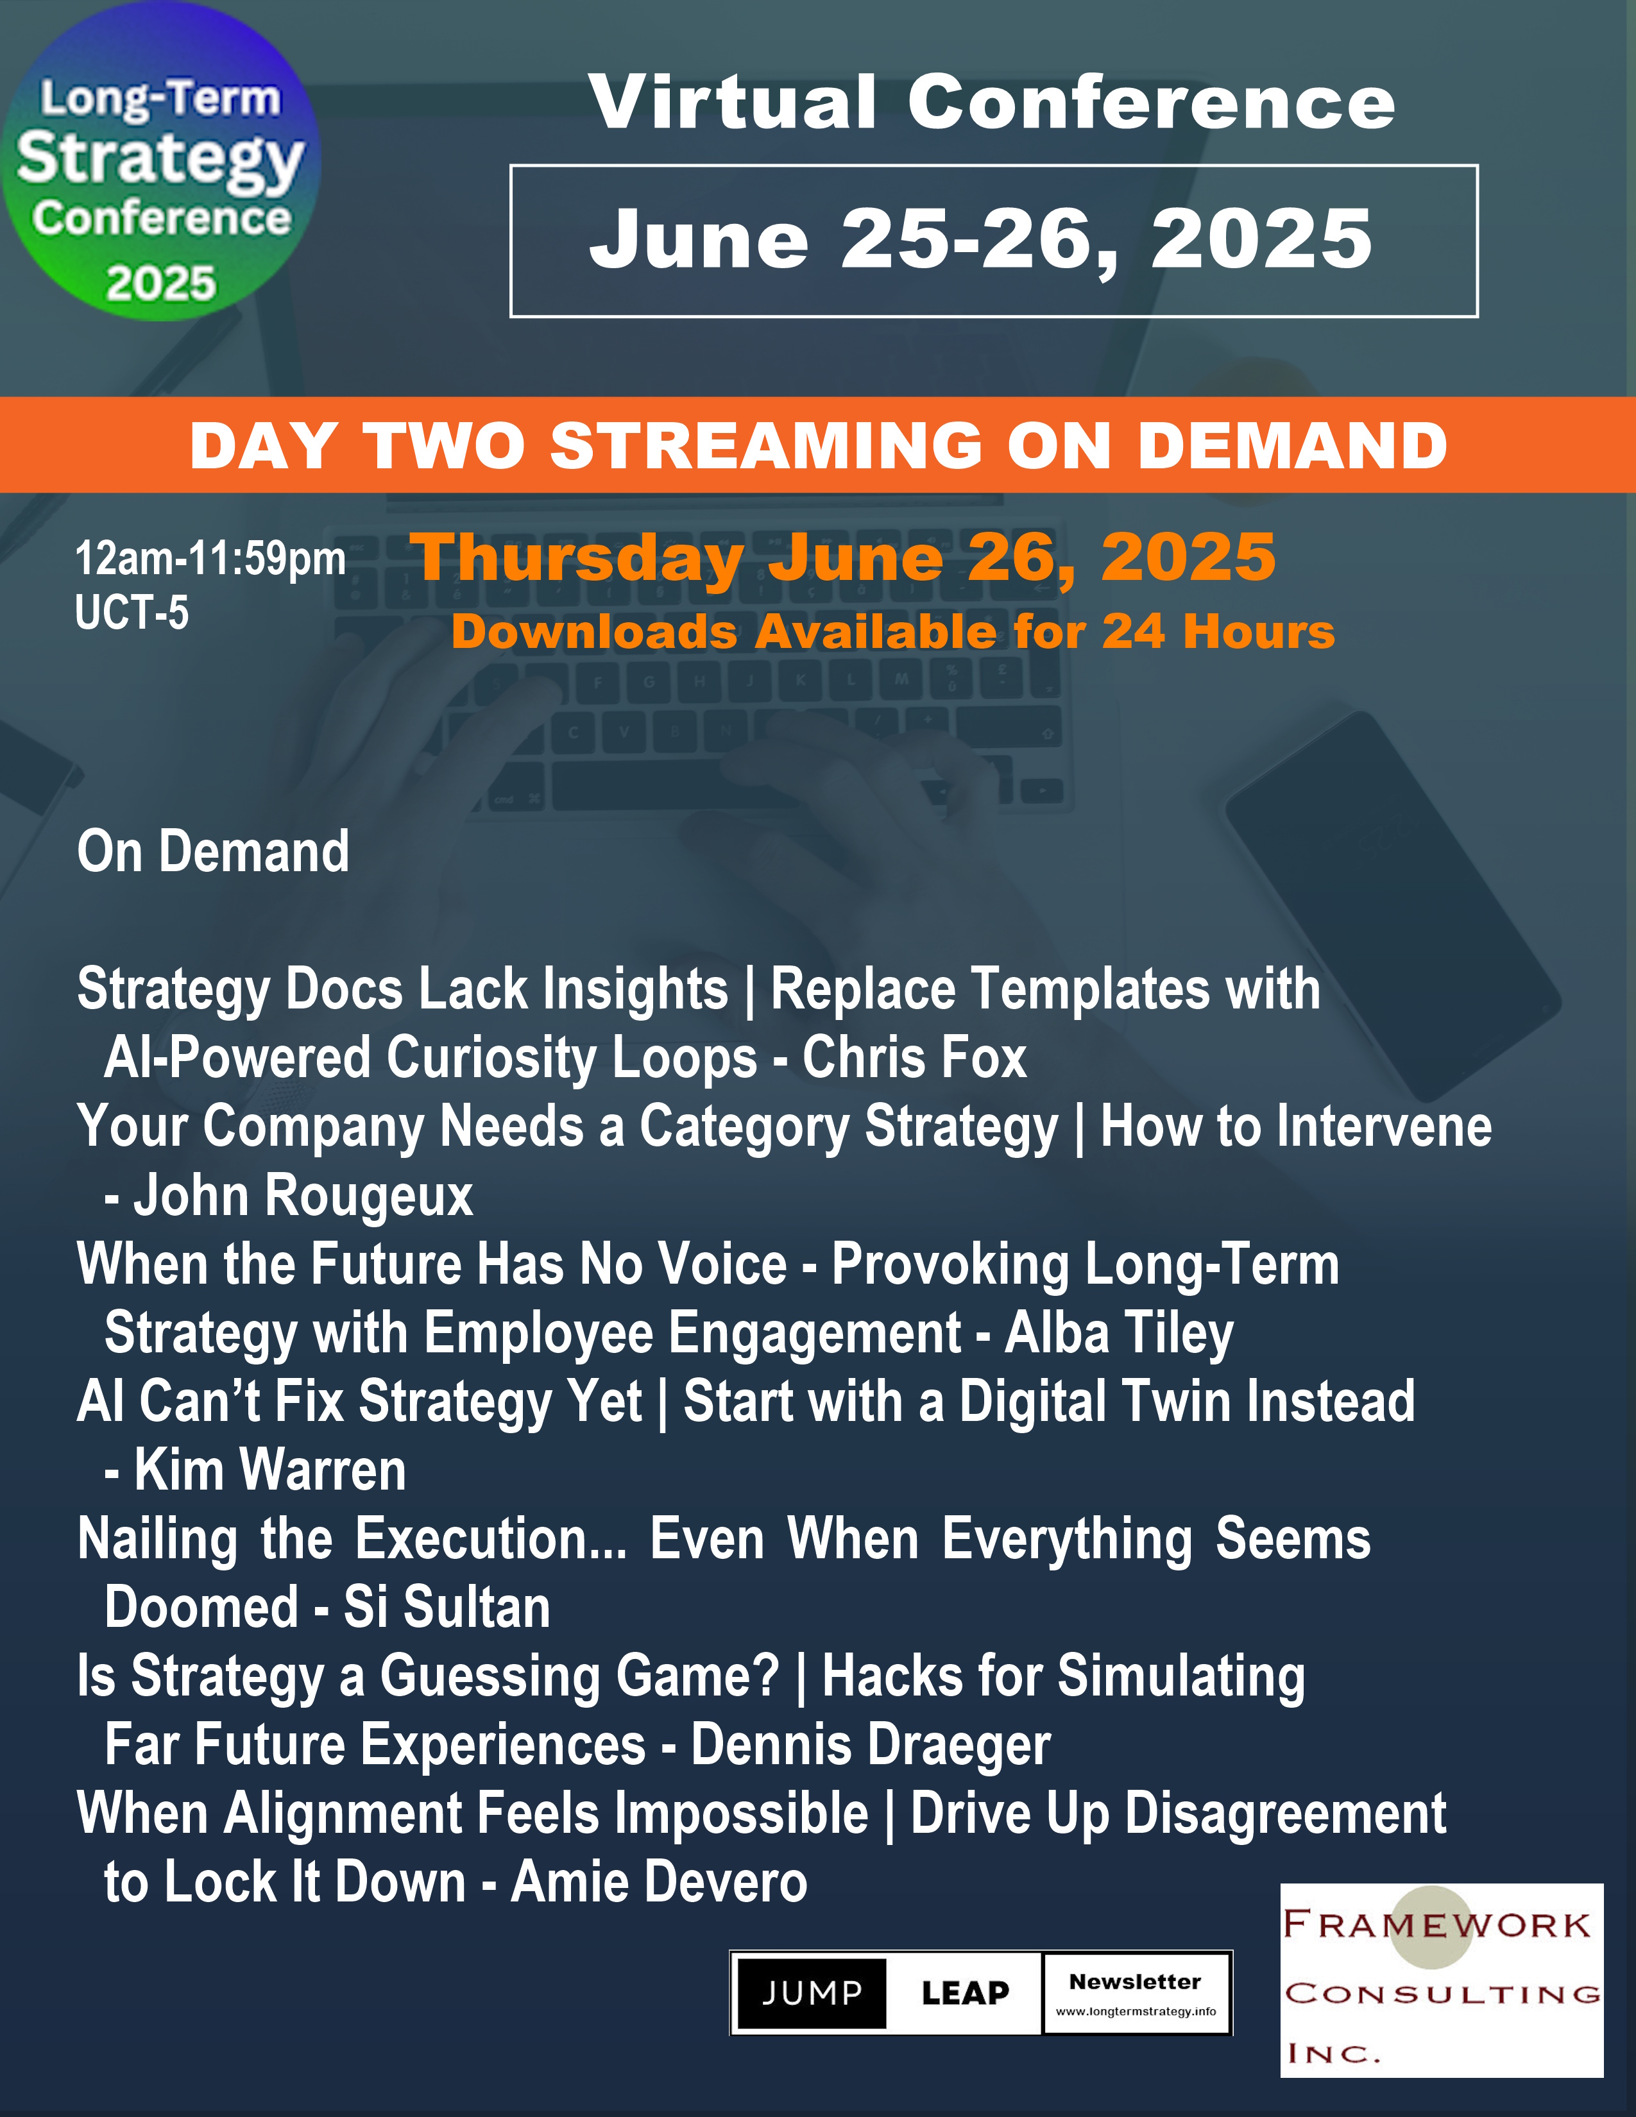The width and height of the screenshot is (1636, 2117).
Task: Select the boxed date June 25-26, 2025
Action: [993, 241]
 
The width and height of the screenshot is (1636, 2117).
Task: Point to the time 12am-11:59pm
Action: [210, 559]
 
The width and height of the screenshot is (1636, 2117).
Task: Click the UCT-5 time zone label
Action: [132, 613]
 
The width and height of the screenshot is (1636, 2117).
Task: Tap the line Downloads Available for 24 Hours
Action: [892, 632]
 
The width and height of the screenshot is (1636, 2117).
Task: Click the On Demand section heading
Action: [213, 851]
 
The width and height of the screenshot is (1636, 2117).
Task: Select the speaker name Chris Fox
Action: [914, 1057]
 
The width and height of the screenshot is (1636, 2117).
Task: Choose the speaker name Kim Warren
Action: [270, 1470]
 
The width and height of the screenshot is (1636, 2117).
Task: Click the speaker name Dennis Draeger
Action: [871, 1745]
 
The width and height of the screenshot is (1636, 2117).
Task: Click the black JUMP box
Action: [811, 1994]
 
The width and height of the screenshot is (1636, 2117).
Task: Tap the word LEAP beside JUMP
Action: [966, 1994]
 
